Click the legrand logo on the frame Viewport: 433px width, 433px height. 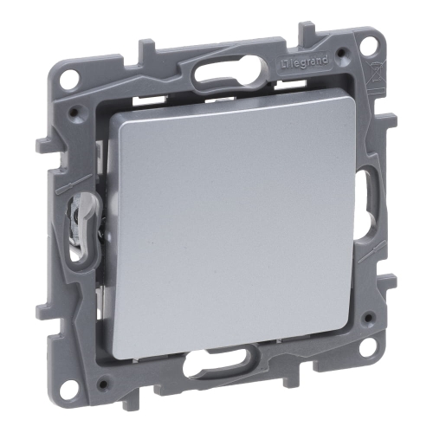[x=304, y=62]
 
